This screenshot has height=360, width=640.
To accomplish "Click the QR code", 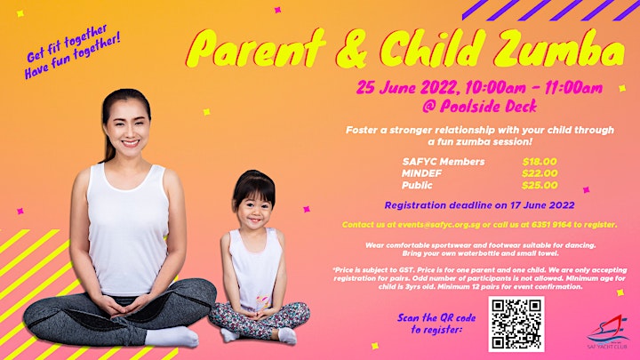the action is (516, 324).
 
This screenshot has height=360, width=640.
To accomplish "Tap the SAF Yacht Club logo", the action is (606, 332).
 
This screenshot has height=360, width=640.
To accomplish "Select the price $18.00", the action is (540, 162).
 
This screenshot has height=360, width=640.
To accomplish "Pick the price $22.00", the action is (540, 173).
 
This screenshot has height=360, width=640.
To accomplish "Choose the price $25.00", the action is (540, 185).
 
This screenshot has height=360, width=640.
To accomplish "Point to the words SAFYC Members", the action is (444, 162).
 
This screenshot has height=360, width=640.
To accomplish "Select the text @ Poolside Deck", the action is (480, 107).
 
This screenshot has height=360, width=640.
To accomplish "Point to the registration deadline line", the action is (480, 205).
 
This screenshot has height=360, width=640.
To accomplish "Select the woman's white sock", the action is (172, 337).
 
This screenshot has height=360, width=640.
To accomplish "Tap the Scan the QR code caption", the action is (436, 324).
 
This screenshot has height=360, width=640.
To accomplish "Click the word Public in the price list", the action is (417, 185).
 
